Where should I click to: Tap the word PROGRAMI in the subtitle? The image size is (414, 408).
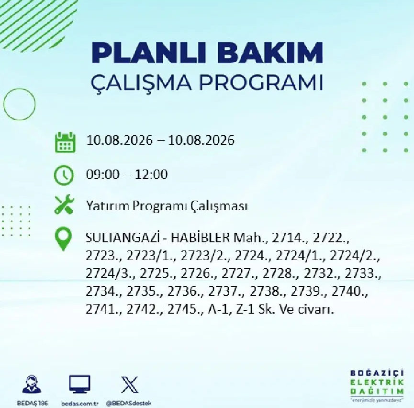261,82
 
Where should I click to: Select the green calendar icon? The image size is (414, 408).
65,142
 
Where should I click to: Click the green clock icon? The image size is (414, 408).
64,175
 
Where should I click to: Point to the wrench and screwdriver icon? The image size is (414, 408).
64,204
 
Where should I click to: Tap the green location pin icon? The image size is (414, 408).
63,239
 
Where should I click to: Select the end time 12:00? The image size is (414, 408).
151,174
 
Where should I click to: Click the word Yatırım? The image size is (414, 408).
108,206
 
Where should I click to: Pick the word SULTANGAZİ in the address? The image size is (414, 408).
123,238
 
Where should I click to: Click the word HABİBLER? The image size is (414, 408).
201,238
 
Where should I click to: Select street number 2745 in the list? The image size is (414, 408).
183,309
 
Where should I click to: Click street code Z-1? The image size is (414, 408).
245,309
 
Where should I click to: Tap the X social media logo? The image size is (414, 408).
129,385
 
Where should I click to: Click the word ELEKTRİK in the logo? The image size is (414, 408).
377,382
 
